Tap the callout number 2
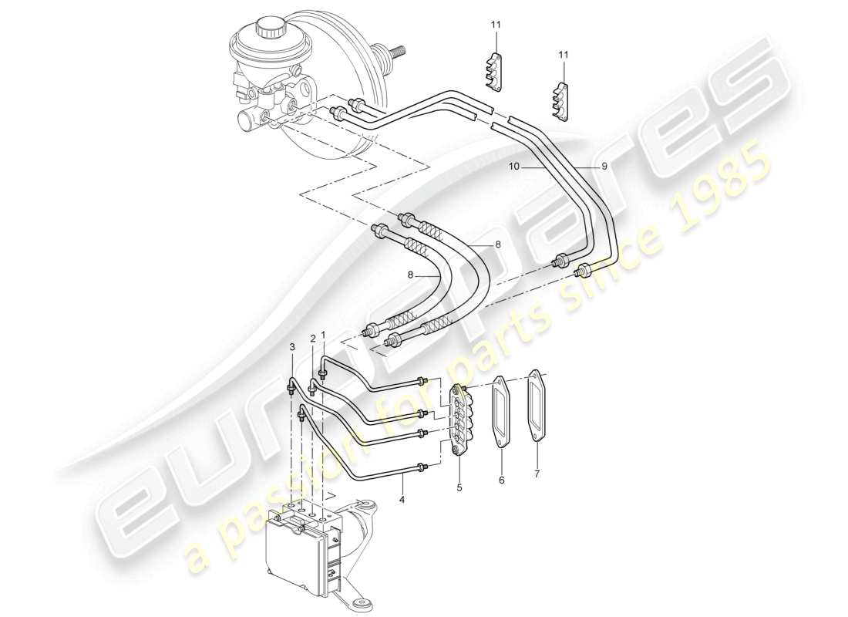(x=313, y=339)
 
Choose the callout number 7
(x=537, y=474)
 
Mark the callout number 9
(x=604, y=165)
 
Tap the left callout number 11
(x=496, y=25)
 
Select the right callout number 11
(x=564, y=55)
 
